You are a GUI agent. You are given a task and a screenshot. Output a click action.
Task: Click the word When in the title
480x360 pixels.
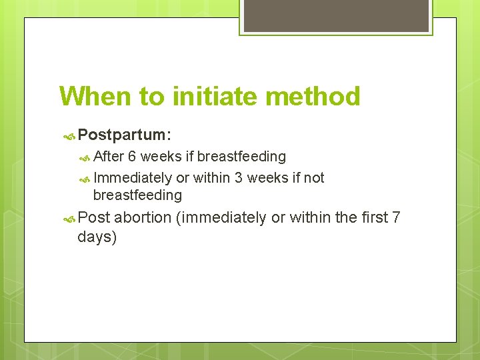tap(95, 97)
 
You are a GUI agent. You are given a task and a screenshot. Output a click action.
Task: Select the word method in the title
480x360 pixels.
tap(313, 97)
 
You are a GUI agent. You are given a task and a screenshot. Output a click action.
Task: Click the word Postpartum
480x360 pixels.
tap(124, 135)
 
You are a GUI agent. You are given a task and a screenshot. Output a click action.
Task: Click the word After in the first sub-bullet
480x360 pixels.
tap(109, 157)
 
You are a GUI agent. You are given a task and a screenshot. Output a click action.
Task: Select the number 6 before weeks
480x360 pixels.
tap(133, 157)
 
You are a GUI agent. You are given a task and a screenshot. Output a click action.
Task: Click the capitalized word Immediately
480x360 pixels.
tap(132, 177)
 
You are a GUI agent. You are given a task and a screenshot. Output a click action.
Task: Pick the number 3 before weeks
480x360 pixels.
tap(238, 177)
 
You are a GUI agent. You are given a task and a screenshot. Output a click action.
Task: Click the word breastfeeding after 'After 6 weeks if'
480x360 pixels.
tap(241, 157)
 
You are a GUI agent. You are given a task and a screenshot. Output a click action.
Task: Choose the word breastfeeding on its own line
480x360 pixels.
tap(137, 195)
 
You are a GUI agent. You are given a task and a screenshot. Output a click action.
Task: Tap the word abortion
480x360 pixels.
tap(143, 217)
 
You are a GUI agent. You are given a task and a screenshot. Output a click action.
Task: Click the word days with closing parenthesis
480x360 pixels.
tap(97, 237)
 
